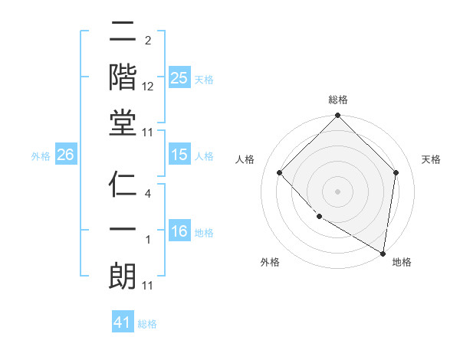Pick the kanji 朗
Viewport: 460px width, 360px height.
pyautogui.click(x=123, y=277)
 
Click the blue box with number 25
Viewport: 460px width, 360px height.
pyautogui.click(x=179, y=78)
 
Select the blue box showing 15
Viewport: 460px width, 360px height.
pyautogui.click(x=179, y=155)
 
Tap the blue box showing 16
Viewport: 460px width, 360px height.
pyautogui.click(x=179, y=231)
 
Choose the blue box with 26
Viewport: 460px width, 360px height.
pyautogui.click(x=65, y=155)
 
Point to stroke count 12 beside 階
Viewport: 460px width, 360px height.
pyautogui.click(x=148, y=87)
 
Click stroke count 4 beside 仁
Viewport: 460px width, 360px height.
pyautogui.click(x=148, y=194)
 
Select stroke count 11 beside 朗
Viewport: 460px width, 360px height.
pyautogui.click(x=148, y=286)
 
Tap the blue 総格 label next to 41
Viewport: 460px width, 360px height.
pyautogui.click(x=147, y=324)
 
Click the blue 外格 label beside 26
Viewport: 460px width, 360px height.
pyautogui.click(x=41, y=156)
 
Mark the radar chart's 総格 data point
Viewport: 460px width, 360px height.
pyautogui.click(x=337, y=116)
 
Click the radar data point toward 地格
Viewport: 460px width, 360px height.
pyautogui.click(x=383, y=253)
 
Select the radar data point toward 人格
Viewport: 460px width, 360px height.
pyautogui.click(x=280, y=172)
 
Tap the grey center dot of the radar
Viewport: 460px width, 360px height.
pyautogui.click(x=337, y=191)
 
